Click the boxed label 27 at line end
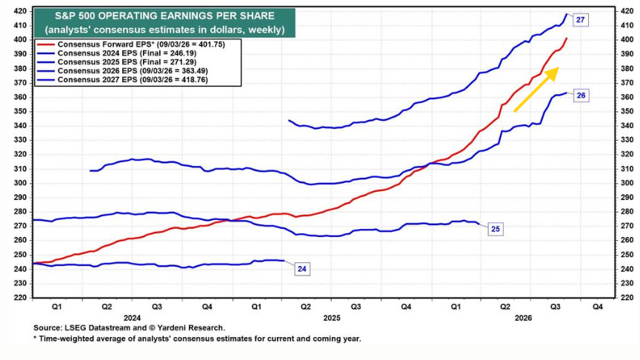[x=581, y=19]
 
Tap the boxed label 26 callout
[x=581, y=96]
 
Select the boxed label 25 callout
[x=495, y=229]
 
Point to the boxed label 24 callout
[x=301, y=269]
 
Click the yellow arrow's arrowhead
[x=553, y=73]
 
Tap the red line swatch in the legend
[x=46, y=44]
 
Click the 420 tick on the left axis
[x=21, y=11]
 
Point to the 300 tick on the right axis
[x=627, y=183]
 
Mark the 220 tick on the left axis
[x=21, y=298]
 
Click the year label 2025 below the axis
[x=332, y=318]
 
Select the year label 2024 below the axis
[x=133, y=318]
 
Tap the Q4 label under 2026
[x=597, y=307]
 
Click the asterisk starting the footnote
[x=35, y=338]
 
